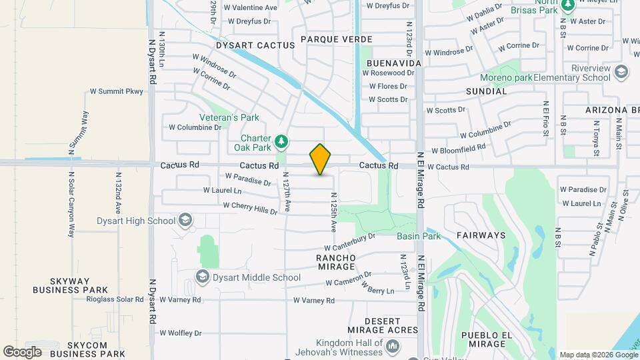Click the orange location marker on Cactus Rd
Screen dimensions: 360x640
click(321, 159)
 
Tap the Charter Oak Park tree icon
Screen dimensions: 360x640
click(282, 141)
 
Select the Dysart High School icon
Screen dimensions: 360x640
click(185, 221)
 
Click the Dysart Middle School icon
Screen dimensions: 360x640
click(202, 276)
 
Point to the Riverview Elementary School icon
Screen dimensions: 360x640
click(621, 71)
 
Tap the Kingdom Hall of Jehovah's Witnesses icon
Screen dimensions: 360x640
click(393, 345)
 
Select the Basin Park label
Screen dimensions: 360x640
click(419, 236)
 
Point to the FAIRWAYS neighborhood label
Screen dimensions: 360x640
click(481, 235)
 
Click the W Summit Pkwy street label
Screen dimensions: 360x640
click(117, 91)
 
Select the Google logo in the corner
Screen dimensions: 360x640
click(22, 351)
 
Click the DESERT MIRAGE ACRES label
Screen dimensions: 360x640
click(383, 325)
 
